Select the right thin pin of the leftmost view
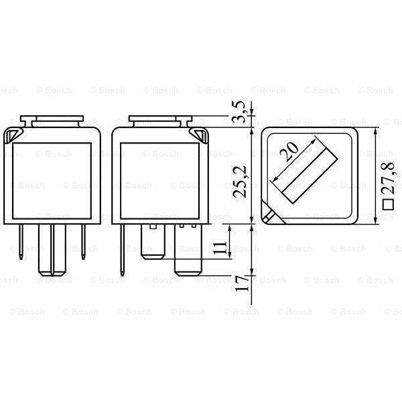[x=83, y=241]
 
